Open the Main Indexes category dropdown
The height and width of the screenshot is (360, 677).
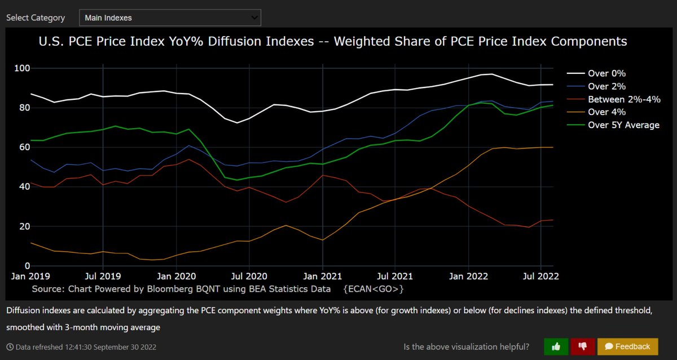pos(170,17)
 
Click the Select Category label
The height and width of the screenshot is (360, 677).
pos(36,17)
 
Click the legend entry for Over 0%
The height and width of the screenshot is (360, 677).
pos(606,73)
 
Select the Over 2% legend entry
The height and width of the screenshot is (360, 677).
pos(606,86)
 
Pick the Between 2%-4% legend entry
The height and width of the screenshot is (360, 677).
pos(623,99)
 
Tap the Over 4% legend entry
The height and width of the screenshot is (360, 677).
pos(606,112)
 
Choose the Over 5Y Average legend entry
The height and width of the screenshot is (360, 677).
pos(623,125)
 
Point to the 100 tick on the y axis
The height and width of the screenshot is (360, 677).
pos(22,68)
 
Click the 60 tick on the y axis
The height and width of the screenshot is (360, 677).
pos(24,147)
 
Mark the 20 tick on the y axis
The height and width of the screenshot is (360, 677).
pos(24,226)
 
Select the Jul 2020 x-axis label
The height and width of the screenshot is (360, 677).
pos(249,276)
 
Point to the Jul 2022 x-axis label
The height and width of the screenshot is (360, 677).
pos(541,276)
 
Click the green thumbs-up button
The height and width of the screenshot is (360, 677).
pos(556,346)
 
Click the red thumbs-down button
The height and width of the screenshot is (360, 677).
pos(582,346)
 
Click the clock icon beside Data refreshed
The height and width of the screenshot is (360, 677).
pos(10,347)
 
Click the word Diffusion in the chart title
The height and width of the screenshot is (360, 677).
pos(241,42)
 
